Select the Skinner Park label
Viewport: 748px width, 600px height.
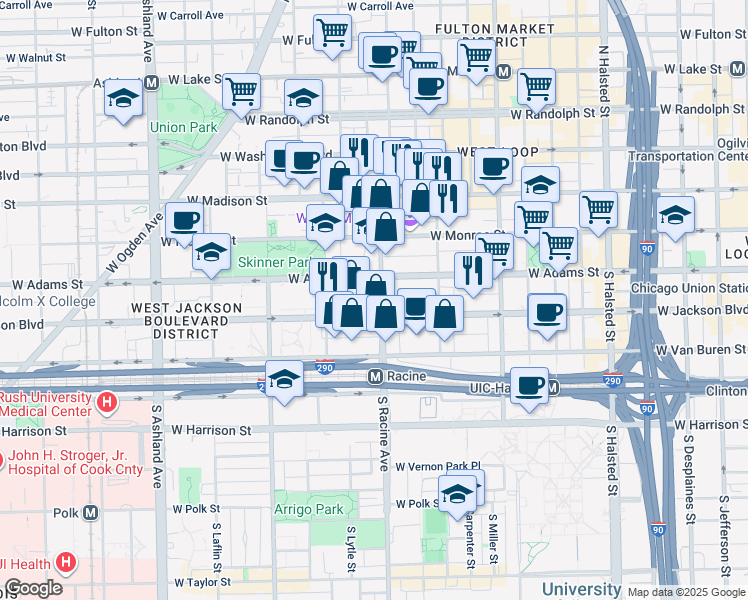274,262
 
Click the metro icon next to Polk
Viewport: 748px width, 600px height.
91,513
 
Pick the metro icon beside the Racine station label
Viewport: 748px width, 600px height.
375,376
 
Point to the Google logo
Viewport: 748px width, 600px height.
33,588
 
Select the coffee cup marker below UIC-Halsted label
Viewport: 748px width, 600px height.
530,384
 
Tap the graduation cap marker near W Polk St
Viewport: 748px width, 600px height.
457,493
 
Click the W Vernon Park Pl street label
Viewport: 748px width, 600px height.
438,466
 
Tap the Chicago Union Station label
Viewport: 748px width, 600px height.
686,289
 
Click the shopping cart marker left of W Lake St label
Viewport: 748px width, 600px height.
537,86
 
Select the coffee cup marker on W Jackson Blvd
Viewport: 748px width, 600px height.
547,312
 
